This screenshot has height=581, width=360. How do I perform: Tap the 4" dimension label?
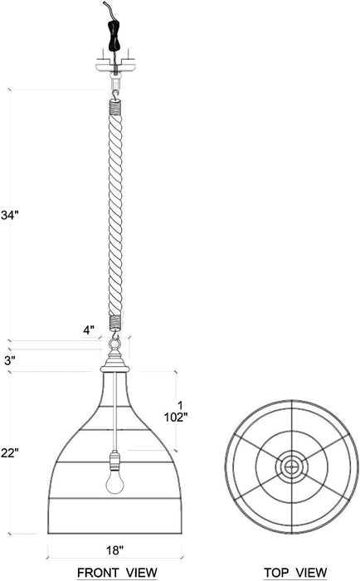tap(88, 330)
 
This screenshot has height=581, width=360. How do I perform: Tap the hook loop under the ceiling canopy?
tap(114, 83)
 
